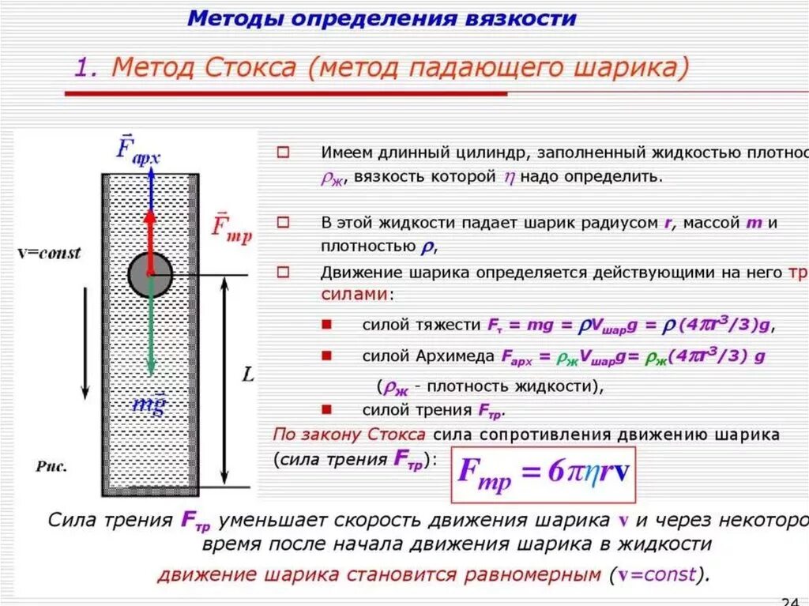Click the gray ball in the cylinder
coord(150,274)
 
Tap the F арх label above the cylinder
coord(137,150)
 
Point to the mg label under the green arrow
coord(149,404)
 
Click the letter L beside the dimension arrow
coord(247,376)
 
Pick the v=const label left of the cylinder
coord(49,254)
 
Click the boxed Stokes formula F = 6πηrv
coord(544,474)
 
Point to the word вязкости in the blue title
coord(527,18)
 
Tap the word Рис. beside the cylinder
coord(51,466)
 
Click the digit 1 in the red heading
coord(83,68)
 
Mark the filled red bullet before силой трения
coord(327,410)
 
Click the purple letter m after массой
coord(754,223)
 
